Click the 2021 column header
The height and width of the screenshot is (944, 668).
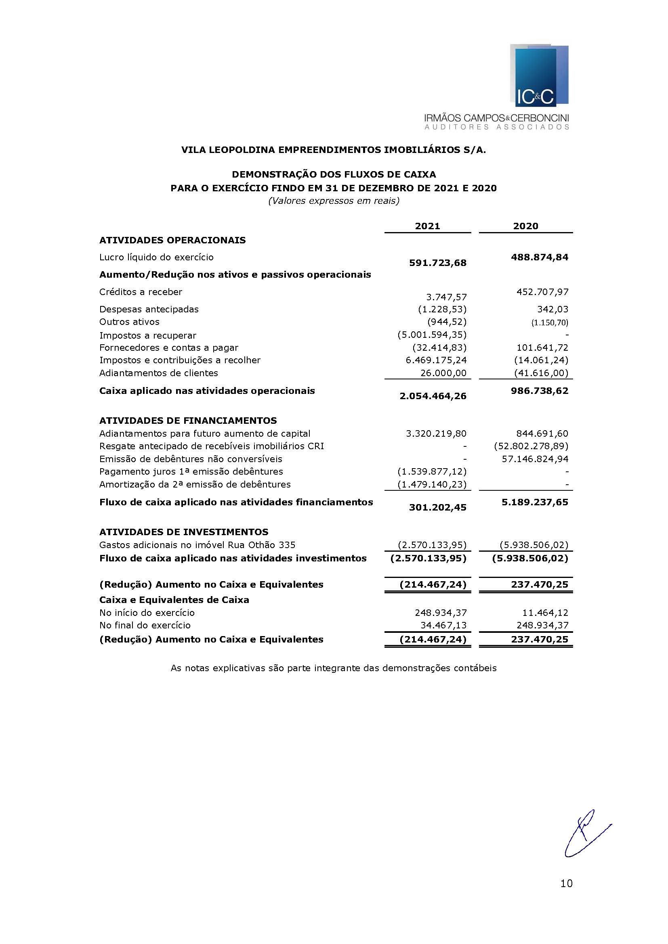pyautogui.click(x=427, y=226)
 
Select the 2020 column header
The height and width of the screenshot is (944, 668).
pyautogui.click(x=525, y=226)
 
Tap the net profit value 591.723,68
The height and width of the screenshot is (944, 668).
pyautogui.click(x=438, y=263)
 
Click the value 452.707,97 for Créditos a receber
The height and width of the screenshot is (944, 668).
pyautogui.click(x=542, y=292)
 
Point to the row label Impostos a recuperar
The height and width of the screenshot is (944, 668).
pyautogui.click(x=148, y=335)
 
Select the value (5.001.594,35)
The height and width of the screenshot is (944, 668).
pyautogui.click(x=431, y=335)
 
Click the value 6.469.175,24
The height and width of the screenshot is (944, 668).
pyautogui.click(x=436, y=360)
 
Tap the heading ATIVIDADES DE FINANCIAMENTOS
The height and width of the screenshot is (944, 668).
pyautogui.click(x=188, y=421)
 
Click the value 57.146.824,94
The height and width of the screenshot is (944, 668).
pyautogui.click(x=535, y=459)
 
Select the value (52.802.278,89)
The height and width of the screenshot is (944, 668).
pyautogui.click(x=531, y=446)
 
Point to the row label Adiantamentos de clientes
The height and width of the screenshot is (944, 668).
pyautogui.click(x=158, y=373)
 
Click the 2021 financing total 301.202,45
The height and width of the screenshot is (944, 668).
pyautogui.click(x=438, y=508)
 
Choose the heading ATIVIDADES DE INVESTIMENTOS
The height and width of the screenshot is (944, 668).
pyautogui.click(x=183, y=532)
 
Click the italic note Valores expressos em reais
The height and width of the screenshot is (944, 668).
pyautogui.click(x=334, y=201)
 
